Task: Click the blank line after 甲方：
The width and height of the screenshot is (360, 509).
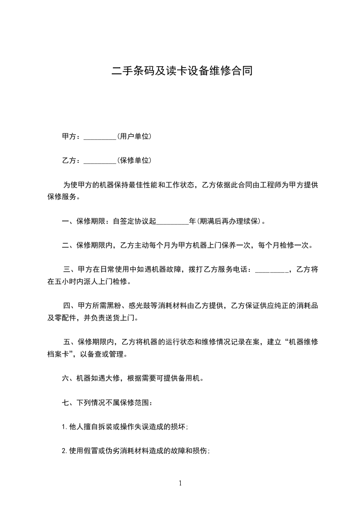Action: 100,137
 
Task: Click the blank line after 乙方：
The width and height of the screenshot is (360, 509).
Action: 100,161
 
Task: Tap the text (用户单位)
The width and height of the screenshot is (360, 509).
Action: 134,137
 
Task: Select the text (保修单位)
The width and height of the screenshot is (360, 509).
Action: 134,161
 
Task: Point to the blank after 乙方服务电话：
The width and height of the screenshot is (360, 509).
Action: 271,270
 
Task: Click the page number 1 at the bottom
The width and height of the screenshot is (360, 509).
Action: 180,483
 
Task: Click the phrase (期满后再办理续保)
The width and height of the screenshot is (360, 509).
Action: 229,222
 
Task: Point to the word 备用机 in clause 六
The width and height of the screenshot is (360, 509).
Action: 189,378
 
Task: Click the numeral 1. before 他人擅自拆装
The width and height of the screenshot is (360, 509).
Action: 64,427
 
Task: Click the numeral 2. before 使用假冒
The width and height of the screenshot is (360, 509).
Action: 64,451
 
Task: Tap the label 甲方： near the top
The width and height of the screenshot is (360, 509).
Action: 71,137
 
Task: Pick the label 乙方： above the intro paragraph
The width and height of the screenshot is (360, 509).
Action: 71,161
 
